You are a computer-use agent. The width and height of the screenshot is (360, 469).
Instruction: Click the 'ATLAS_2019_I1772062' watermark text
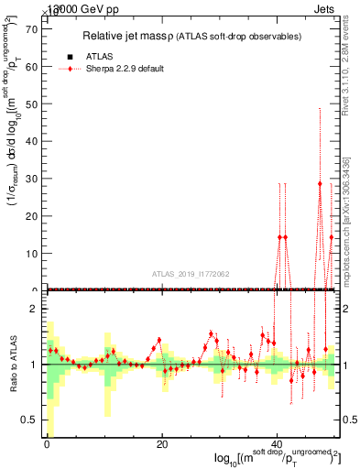click(x=193, y=273)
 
